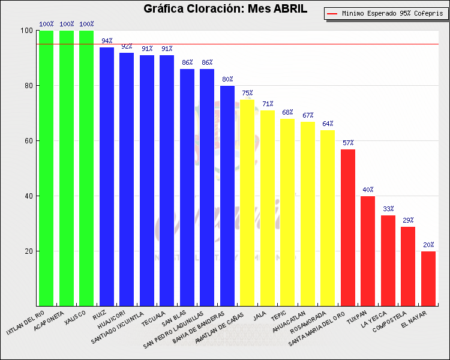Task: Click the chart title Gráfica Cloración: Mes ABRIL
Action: pos(225,8)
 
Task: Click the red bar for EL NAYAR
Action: pos(428,278)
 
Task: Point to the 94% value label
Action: pos(107,41)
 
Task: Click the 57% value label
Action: pos(348,143)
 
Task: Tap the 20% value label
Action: pos(428,245)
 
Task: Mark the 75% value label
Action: pos(247,93)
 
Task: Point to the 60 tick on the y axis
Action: pos(28,141)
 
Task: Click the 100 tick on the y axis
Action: pos(26,31)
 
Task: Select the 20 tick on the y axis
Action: pos(28,251)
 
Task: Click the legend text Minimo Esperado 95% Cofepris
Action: pos(389,13)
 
